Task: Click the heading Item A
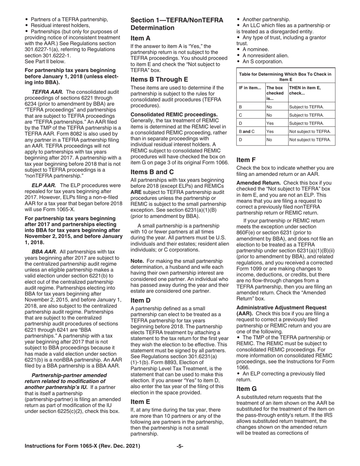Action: pyautogui.click(x=140, y=38)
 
